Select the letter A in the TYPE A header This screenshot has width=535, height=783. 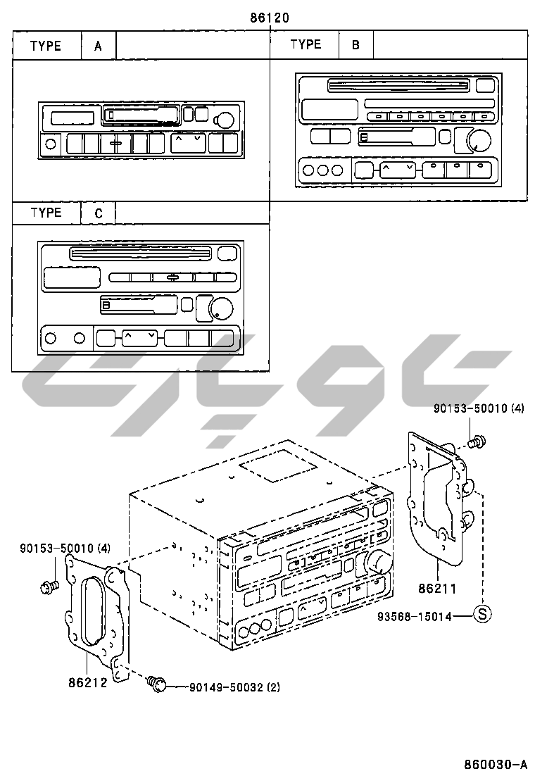[99, 46]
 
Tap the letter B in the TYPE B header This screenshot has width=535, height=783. [356, 46]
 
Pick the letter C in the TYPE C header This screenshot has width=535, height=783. [99, 213]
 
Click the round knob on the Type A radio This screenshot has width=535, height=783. [226, 119]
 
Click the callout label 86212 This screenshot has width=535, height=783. [87, 682]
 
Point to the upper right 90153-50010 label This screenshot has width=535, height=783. [479, 408]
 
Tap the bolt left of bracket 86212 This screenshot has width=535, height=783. [50, 586]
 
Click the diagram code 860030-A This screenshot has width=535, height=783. [495, 764]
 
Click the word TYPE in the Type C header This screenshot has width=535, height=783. [46, 213]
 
